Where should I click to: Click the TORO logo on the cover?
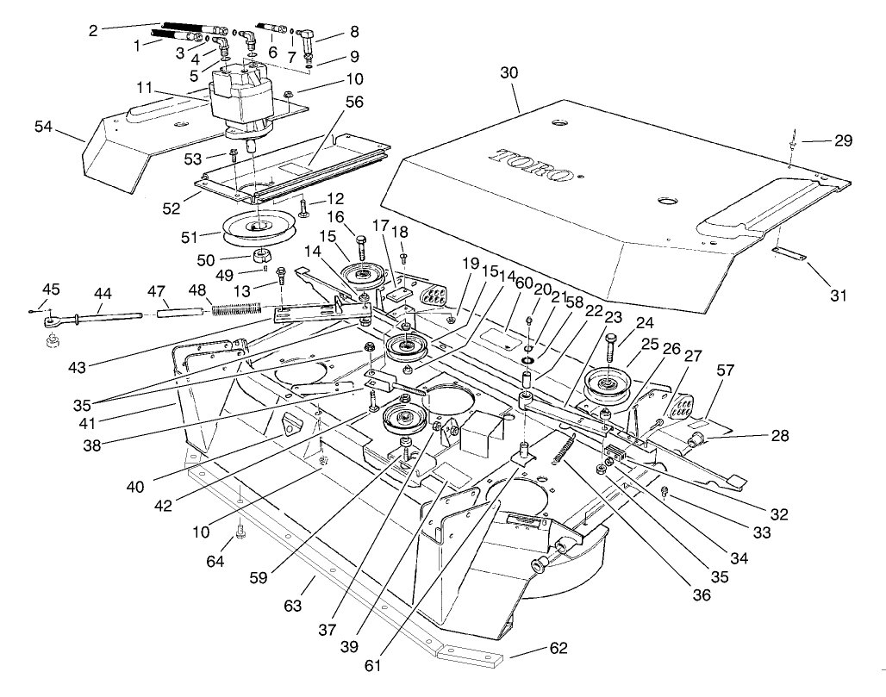[x=532, y=166]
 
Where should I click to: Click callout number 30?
[x=510, y=74]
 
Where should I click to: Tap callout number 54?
[x=43, y=127]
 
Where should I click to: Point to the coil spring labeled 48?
[x=235, y=305]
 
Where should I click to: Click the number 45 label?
[x=52, y=289]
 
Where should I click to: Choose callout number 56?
[x=354, y=102]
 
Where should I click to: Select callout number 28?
[x=780, y=438]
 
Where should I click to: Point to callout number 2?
[x=93, y=30]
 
